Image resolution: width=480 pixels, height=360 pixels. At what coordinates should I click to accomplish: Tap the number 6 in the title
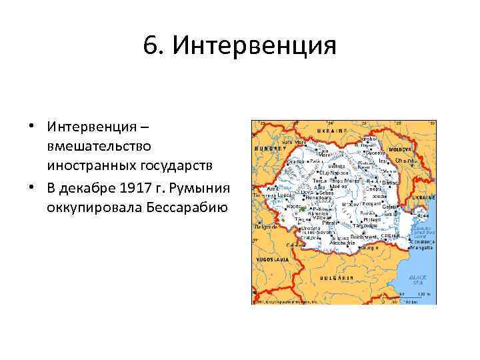[151, 46]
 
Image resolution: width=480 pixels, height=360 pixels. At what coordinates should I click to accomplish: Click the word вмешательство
[99, 145]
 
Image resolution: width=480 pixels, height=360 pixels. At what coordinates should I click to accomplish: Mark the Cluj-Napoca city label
[333, 171]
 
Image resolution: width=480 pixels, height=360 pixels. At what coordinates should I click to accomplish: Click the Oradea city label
[295, 161]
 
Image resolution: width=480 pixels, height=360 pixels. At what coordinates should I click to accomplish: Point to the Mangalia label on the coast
[417, 251]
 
